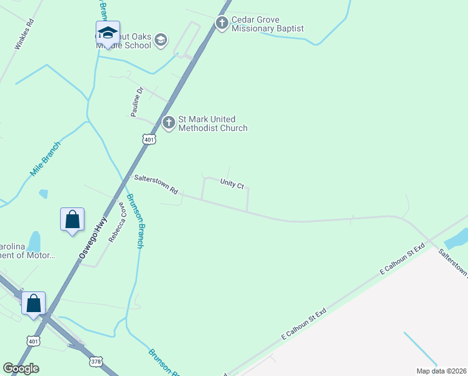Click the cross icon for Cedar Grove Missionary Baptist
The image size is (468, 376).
click(221, 23)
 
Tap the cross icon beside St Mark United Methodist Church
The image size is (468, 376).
click(168, 123)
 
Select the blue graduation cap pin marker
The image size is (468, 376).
click(108, 33)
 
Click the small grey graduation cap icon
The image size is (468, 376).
click(161, 41)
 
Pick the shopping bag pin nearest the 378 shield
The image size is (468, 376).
click(34, 303)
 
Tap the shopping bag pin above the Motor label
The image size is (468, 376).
click(73, 220)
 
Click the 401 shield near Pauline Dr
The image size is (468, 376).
click(148, 139)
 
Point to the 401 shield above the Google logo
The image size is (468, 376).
click(33, 340)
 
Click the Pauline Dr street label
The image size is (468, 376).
click(137, 102)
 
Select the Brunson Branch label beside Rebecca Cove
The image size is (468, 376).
click(136, 221)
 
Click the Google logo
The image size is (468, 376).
click(21, 368)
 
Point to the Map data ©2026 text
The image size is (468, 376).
click(441, 371)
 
